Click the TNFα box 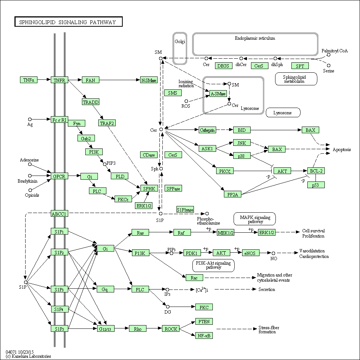[29, 80]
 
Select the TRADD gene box [91, 102]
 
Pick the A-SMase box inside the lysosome [218, 94]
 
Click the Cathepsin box [207, 130]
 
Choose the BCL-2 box [316, 171]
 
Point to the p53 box [316, 185]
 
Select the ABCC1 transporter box [59, 214]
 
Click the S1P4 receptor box [59, 309]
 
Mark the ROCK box [171, 329]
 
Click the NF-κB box [204, 336]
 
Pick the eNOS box [251, 253]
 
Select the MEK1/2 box [226, 233]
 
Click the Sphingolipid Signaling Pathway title [69, 22]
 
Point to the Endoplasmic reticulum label [255, 38]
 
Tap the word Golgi [180, 42]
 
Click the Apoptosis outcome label [341, 150]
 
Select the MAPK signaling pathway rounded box [255, 219]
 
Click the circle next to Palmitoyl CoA [328, 55]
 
